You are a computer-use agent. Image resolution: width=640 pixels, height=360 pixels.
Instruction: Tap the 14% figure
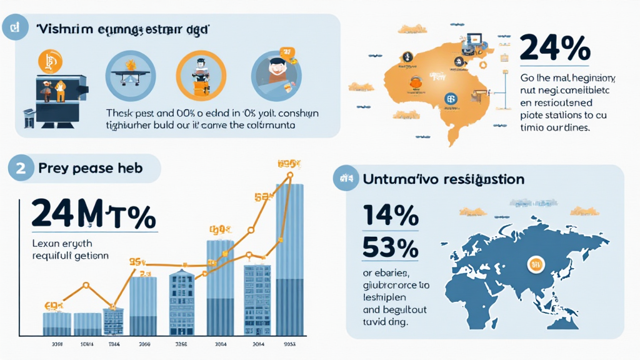(390, 216)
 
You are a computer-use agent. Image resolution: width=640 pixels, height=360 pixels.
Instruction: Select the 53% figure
(390, 248)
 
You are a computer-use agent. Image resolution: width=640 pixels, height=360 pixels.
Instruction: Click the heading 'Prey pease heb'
(91, 168)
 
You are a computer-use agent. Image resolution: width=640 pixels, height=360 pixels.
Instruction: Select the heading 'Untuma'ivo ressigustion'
(443, 179)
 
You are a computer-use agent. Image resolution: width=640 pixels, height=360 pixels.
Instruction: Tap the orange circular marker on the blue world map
(536, 264)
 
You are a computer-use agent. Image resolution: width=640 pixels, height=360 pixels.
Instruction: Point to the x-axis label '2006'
(144, 344)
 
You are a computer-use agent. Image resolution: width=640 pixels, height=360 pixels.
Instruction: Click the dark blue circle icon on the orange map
(449, 98)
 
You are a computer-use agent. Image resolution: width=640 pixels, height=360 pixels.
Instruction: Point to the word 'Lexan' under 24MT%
(46, 242)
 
